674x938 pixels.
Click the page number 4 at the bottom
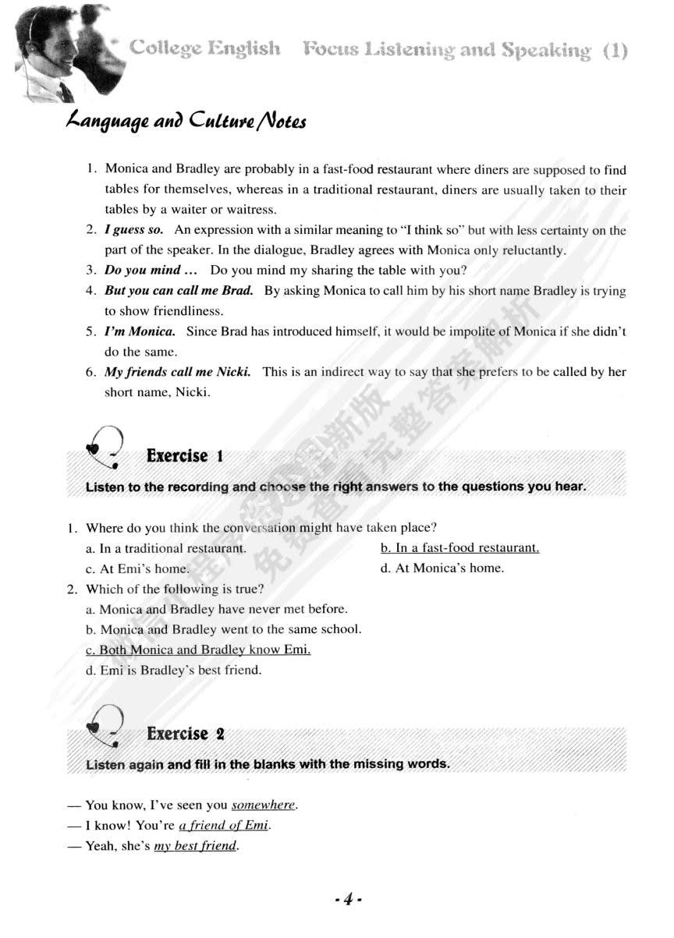[343, 899]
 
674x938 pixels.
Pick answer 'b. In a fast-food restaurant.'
[459, 548]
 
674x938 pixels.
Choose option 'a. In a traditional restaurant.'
[166, 548]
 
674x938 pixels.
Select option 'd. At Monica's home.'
[442, 568]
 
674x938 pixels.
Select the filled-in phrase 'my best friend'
[195, 846]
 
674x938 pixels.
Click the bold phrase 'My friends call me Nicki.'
[178, 372]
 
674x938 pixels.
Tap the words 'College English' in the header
[205, 48]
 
